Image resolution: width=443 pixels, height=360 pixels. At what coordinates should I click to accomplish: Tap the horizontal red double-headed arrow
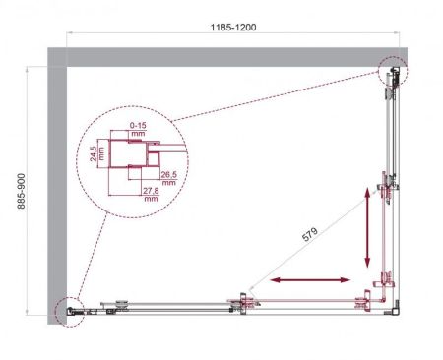307,282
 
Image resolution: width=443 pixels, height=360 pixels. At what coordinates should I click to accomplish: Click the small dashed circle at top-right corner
392,70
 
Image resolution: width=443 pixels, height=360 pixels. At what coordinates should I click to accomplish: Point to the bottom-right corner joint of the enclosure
394,309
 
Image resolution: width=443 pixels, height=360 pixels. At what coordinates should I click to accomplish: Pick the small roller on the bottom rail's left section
121,305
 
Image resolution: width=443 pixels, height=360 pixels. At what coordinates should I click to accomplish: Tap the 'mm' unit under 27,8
150,198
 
